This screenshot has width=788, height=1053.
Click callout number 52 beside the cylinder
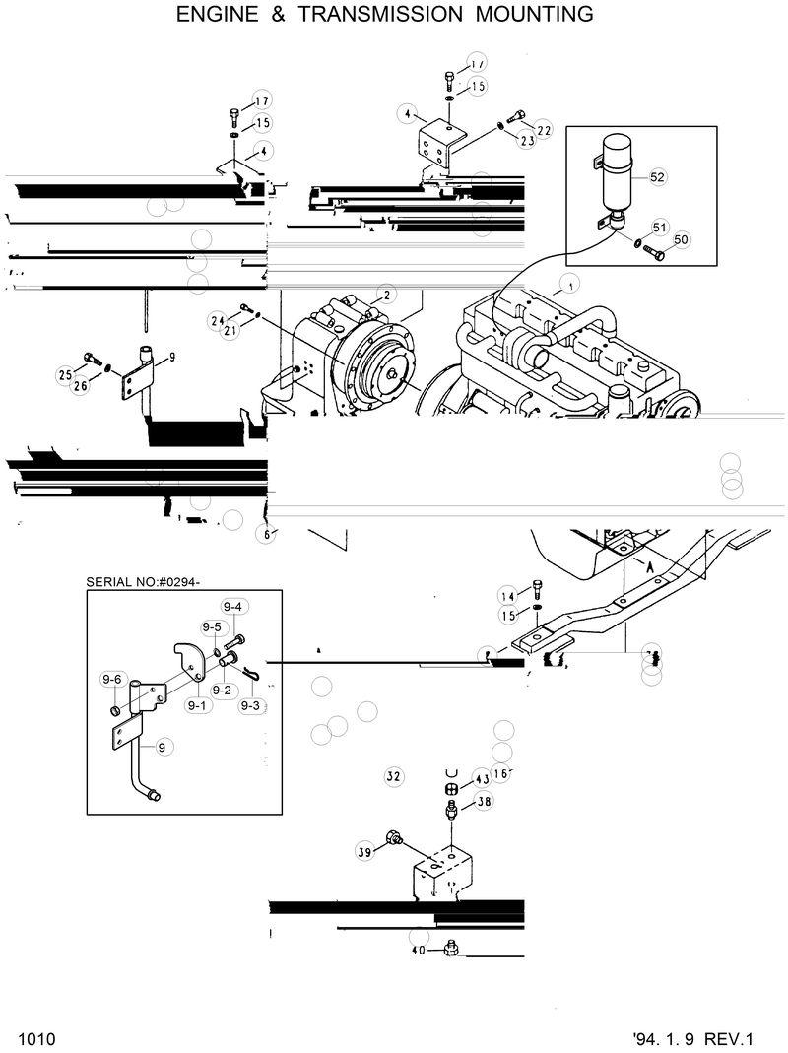coord(658,177)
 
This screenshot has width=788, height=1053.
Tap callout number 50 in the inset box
coord(682,239)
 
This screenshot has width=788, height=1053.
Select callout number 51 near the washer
coord(660,227)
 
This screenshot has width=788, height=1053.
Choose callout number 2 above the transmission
coord(387,295)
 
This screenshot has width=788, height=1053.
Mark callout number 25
coord(66,374)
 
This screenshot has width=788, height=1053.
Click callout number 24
coord(219,320)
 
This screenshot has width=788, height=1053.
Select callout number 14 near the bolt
coord(507,596)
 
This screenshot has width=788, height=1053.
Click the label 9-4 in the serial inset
coord(232,607)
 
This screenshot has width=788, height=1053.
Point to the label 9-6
coord(111,679)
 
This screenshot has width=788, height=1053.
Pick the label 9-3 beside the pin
coord(249,705)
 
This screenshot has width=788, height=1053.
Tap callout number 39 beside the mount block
coord(363,852)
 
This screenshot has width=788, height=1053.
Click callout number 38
coord(484,802)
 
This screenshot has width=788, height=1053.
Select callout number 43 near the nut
coord(482,777)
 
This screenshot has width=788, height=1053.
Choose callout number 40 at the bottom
coord(419,951)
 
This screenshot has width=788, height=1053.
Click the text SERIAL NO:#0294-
coord(144,582)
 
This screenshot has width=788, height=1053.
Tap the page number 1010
coord(35,1039)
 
